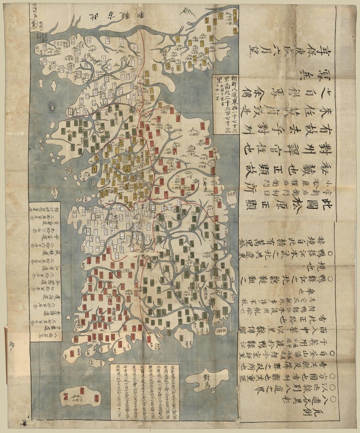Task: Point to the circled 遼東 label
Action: (34, 28)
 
